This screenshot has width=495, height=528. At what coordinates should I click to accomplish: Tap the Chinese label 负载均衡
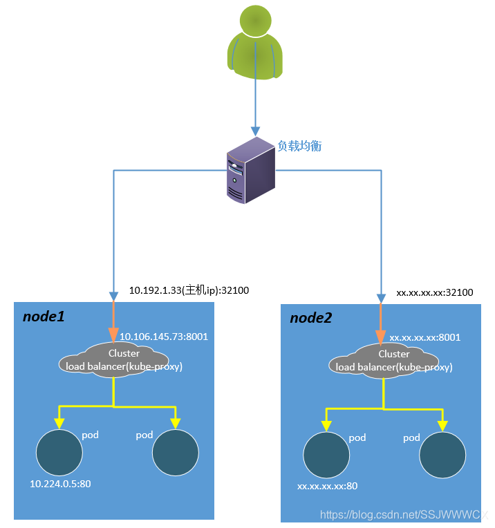click(x=299, y=147)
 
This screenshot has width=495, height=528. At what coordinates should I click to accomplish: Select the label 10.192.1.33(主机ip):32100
click(x=189, y=291)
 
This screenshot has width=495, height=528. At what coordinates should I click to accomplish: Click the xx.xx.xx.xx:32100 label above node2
click(x=434, y=292)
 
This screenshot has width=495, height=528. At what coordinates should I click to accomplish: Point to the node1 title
click(x=44, y=317)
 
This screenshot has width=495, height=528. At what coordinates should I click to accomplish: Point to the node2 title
click(x=310, y=318)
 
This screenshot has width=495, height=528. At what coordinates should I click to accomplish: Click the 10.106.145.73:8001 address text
click(x=164, y=337)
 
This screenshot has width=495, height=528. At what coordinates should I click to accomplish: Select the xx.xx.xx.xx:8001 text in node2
click(x=424, y=338)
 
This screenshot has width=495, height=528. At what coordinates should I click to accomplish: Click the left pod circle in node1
click(x=59, y=453)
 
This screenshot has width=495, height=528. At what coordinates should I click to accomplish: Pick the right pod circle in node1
click(x=176, y=453)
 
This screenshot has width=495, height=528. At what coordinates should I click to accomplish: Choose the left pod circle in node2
click(x=327, y=455)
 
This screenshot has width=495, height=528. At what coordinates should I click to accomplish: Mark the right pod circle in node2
click(x=442, y=455)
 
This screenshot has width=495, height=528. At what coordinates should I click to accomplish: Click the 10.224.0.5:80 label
click(x=59, y=484)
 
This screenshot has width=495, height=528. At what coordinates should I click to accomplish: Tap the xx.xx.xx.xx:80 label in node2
click(x=327, y=486)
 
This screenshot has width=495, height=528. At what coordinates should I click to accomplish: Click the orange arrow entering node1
click(x=113, y=321)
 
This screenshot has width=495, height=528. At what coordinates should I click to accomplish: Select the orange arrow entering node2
click(x=381, y=324)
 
